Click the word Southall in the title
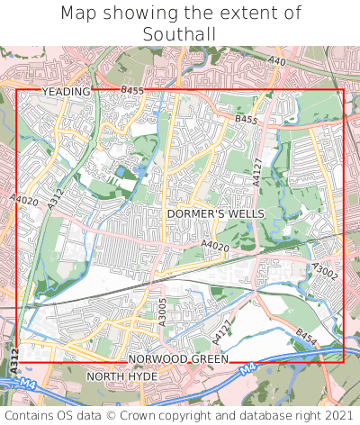tap(180, 34)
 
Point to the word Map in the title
tap(79, 14)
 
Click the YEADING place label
tap(66, 92)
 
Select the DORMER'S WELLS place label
tap(215, 213)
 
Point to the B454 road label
tap(307, 337)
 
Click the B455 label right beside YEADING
tap(131, 91)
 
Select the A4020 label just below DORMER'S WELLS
tap(214, 245)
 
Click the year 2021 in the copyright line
tap(337, 415)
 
